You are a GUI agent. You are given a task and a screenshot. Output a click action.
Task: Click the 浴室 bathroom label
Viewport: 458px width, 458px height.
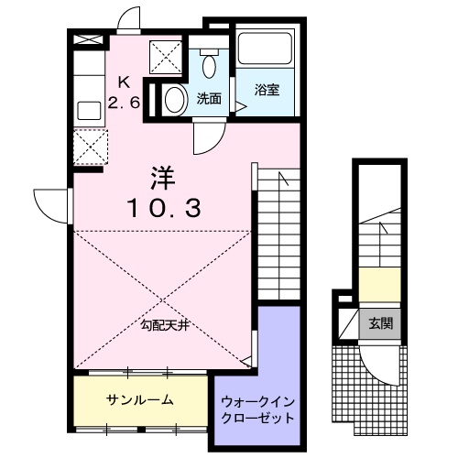267,90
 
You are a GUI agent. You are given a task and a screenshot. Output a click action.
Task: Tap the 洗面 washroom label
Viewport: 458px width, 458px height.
209,99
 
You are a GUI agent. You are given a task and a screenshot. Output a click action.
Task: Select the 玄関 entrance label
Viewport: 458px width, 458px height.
382,323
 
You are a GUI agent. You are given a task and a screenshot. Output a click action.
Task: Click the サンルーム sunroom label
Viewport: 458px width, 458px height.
140,400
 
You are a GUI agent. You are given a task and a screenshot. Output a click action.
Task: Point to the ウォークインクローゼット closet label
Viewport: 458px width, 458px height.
257,409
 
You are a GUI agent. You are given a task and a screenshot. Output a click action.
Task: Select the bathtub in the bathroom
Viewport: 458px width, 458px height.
264,49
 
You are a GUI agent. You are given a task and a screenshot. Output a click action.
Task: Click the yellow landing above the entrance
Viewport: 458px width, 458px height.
379,280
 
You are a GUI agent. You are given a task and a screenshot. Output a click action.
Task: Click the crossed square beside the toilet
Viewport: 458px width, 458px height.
168,58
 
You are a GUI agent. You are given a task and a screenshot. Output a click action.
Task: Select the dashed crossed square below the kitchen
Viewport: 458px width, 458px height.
89,147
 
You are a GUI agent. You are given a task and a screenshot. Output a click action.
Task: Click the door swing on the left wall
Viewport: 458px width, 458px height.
52,202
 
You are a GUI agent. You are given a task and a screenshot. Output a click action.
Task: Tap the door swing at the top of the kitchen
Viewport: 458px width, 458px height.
126,21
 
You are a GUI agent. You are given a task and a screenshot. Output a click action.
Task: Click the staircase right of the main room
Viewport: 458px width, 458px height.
280,238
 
